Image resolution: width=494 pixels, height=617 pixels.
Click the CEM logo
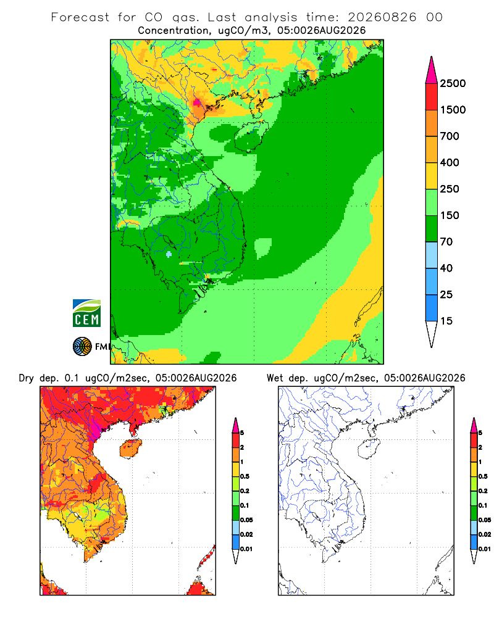pyautogui.click(x=86, y=313)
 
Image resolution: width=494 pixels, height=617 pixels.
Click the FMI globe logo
pyautogui.click(x=82, y=347)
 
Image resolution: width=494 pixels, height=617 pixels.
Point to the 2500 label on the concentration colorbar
pyautogui.click(x=453, y=83)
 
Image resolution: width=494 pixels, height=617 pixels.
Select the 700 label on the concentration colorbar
pyautogui.click(x=450, y=136)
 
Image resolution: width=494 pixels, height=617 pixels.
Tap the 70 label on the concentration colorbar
pyautogui.click(x=446, y=242)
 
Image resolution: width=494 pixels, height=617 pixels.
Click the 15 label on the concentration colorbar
pyautogui.click(x=446, y=321)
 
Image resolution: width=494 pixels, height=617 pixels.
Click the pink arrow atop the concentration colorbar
pyautogui.click(x=432, y=70)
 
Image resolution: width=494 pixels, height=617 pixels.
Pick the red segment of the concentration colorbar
pyautogui.click(x=432, y=97)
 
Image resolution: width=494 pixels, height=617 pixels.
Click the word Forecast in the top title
pyautogui.click(x=80, y=17)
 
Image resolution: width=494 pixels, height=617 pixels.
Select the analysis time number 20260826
pyautogui.click(x=382, y=17)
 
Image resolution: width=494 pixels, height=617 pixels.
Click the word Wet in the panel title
pyautogui.click(x=275, y=378)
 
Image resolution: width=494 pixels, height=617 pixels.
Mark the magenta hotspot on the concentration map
pyautogui.click(x=196, y=103)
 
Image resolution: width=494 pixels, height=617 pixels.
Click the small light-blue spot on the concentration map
pyautogui.click(x=169, y=254)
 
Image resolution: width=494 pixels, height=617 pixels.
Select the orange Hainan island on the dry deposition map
pyautogui.click(x=130, y=448)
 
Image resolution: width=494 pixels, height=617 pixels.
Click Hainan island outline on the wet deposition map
pyautogui.click(x=369, y=449)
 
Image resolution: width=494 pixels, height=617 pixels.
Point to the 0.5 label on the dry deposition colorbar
pyautogui.click(x=245, y=476)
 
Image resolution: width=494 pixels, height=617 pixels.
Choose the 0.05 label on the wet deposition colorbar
pyautogui.click(x=485, y=520)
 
